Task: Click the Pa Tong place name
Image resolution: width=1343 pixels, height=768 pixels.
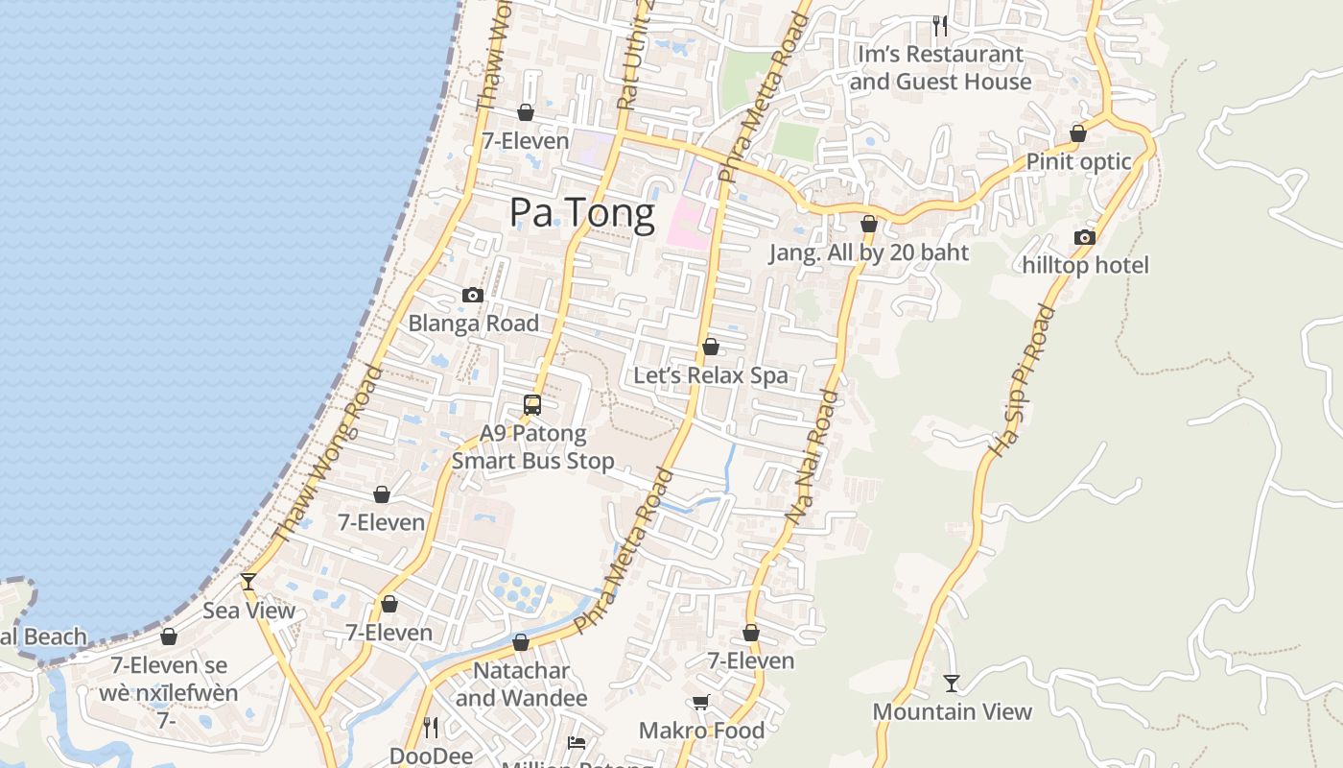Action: (582, 212)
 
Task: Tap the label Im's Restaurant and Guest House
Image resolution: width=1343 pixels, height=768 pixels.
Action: (940, 68)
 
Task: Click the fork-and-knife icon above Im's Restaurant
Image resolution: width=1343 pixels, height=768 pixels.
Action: (940, 25)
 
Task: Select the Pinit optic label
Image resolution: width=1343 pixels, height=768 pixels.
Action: (1079, 161)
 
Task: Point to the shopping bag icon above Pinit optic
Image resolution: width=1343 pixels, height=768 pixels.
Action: (1078, 133)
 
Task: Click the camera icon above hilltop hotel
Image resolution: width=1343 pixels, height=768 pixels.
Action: (1085, 237)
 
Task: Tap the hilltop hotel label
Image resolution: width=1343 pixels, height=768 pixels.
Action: (1085, 265)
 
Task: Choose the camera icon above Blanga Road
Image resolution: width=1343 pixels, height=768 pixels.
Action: (473, 295)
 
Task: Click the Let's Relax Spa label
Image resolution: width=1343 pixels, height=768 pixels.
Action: (711, 375)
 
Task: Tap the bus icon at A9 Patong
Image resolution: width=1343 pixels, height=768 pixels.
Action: (532, 404)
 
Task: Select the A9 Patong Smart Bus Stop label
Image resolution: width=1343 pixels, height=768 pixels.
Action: (532, 446)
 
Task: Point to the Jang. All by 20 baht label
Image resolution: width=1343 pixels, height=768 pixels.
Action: (869, 252)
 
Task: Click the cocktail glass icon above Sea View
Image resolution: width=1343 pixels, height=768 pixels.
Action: (248, 581)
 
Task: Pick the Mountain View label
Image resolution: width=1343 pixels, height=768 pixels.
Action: (952, 711)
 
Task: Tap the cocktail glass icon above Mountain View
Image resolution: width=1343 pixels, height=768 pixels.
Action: (951, 684)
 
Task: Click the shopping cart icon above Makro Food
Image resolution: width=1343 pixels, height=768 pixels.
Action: (701, 703)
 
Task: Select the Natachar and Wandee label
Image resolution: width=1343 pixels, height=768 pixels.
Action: (521, 684)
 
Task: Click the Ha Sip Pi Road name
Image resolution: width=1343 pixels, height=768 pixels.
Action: (1021, 381)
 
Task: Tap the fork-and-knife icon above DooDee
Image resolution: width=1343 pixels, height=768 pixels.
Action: (431, 727)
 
